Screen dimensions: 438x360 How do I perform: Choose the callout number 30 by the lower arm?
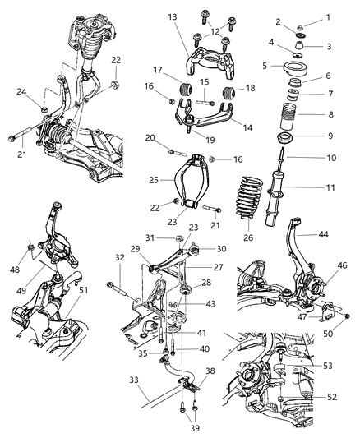pos(221,249)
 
